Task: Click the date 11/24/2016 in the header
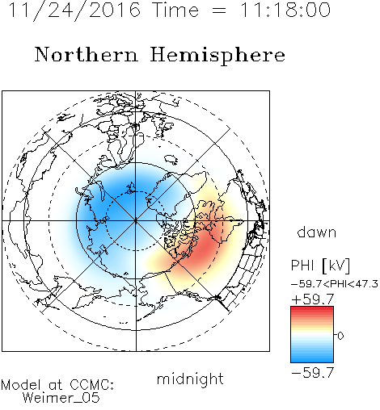click(74, 10)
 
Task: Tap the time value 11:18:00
click(285, 10)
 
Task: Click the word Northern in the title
click(87, 55)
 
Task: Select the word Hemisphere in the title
click(217, 56)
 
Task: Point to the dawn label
click(317, 232)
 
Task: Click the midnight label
click(190, 379)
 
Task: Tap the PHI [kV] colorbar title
click(320, 266)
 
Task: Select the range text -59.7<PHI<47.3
click(335, 284)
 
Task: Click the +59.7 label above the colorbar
click(313, 299)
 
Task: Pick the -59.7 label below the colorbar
click(313, 372)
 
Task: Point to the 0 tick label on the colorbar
click(340, 336)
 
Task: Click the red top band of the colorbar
click(312, 309)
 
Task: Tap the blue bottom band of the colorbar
click(312, 360)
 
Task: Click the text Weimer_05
click(61, 398)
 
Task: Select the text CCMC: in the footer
click(92, 385)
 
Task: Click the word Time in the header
click(175, 10)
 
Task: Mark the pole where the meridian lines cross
click(136, 221)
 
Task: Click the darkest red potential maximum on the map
click(205, 246)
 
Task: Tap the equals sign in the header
click(219, 10)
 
